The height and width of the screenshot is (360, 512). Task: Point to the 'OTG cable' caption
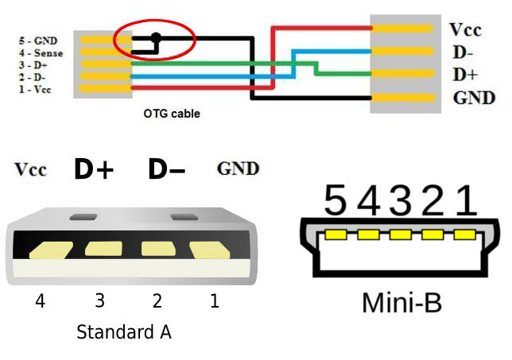click(172, 114)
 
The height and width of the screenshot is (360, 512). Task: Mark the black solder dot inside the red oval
click(156, 37)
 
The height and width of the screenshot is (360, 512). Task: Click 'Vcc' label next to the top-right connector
click(467, 30)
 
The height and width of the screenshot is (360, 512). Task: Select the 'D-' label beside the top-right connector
click(463, 52)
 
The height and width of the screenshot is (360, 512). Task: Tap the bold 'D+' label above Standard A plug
click(95, 169)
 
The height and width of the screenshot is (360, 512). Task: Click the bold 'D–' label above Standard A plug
click(167, 169)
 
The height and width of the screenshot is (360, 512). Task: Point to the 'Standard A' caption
click(124, 332)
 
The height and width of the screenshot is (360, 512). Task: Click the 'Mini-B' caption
click(401, 303)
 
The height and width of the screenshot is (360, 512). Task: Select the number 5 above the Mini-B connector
click(336, 202)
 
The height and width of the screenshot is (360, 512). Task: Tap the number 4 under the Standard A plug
click(40, 302)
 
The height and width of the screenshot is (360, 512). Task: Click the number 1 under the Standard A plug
click(214, 302)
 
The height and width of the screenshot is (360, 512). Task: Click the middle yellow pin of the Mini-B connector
click(400, 235)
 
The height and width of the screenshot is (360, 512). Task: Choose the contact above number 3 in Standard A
click(103, 250)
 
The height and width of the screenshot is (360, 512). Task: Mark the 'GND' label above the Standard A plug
click(238, 168)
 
